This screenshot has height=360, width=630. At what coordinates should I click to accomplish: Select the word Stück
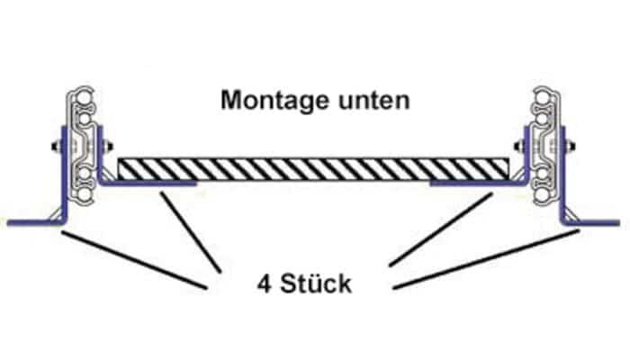click(315, 286)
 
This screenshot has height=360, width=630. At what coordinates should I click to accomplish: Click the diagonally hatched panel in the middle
click(314, 169)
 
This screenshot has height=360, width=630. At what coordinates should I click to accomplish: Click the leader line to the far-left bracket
click(135, 261)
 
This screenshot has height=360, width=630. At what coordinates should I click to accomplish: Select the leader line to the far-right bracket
click(486, 261)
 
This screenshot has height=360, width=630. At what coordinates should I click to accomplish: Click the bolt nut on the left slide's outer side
click(56, 146)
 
